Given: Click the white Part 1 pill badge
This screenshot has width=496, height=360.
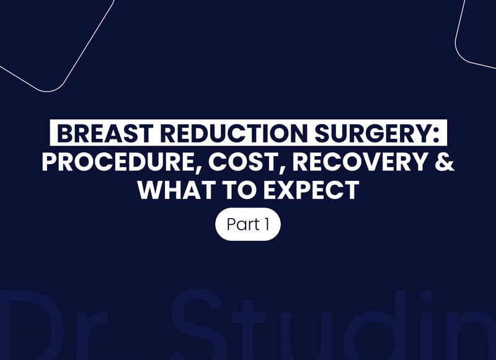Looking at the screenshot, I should [248, 224].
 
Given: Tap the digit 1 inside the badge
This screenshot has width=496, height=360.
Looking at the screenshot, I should [266, 224].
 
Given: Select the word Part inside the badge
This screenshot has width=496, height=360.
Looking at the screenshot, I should [242, 224].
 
